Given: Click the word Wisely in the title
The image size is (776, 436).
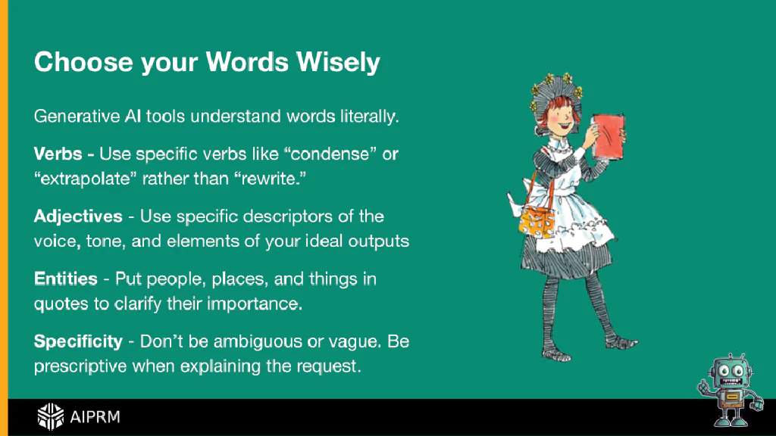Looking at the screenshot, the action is click(x=339, y=62).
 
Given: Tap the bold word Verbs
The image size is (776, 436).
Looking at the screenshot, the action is click(x=58, y=154).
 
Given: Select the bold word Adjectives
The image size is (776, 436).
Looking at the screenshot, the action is click(x=78, y=216).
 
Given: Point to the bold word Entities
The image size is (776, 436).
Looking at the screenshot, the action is click(x=66, y=279).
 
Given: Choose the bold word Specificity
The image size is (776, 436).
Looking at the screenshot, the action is click(x=78, y=341).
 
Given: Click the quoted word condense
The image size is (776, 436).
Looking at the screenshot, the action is click(x=330, y=154).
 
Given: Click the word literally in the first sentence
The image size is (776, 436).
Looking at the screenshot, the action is click(x=369, y=117).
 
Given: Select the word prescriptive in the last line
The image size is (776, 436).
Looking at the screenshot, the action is click(x=80, y=366).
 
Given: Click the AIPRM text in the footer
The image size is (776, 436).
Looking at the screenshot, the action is click(x=95, y=417).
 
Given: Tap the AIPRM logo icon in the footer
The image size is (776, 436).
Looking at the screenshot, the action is click(x=51, y=417).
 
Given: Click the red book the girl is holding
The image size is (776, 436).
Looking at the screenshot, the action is click(x=609, y=137).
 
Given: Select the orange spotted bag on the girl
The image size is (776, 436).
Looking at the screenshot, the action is click(x=537, y=223).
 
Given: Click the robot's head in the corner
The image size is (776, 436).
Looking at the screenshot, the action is click(x=731, y=372).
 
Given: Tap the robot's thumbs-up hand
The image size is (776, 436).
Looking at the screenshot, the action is click(x=703, y=387).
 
